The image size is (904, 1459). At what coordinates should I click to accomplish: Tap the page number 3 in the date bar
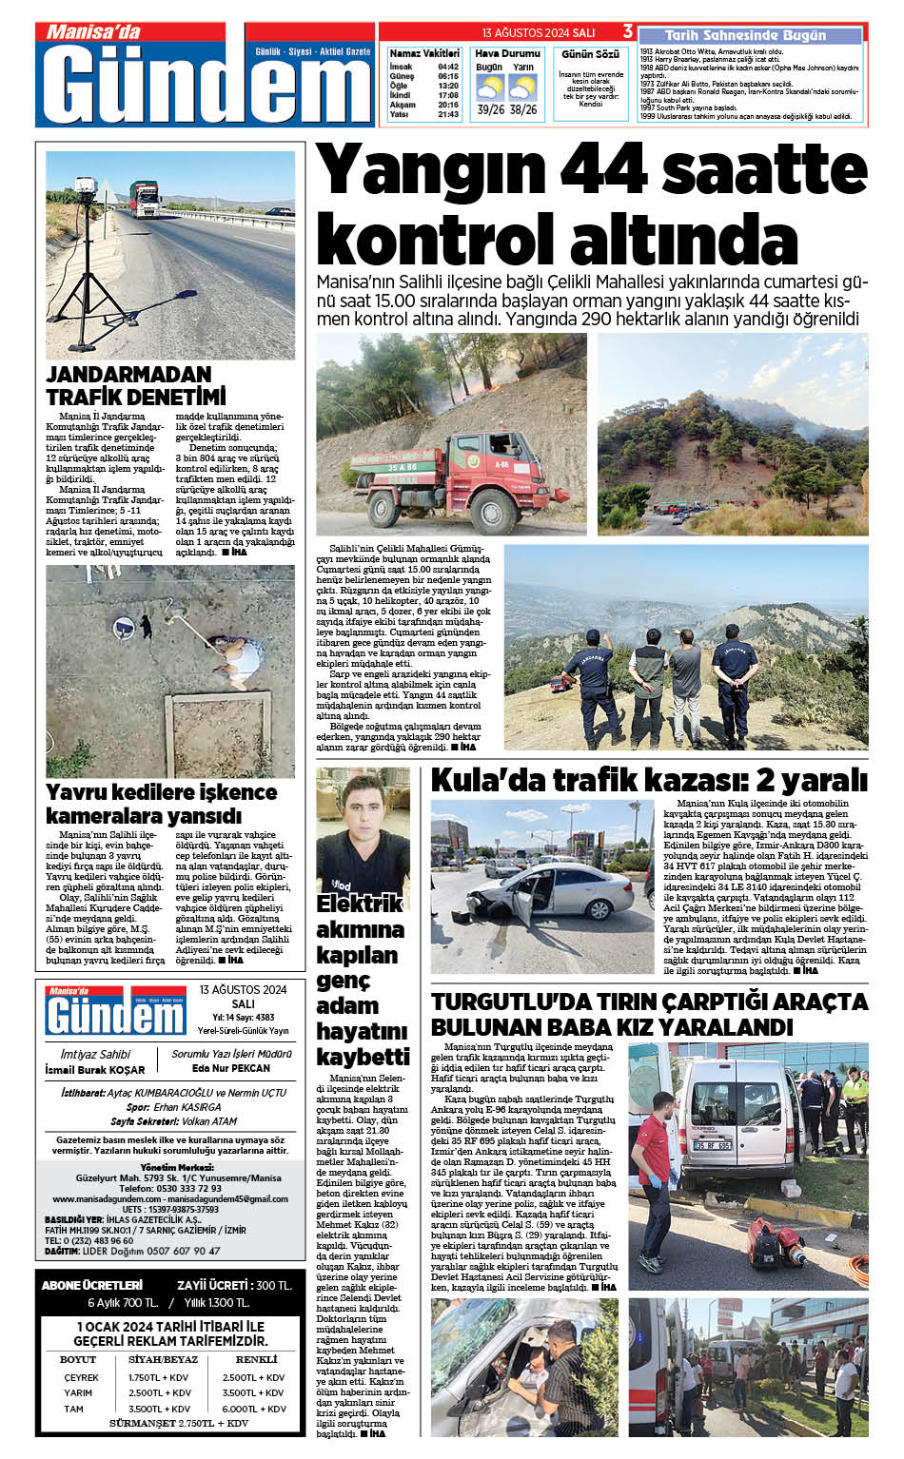(x=628, y=31)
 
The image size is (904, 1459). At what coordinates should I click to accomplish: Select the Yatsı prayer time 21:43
(x=448, y=114)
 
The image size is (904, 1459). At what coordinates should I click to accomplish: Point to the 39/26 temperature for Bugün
(x=491, y=109)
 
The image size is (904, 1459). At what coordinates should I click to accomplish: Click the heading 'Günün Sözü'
(x=590, y=54)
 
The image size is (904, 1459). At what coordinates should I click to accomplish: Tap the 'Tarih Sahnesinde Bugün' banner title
(x=745, y=35)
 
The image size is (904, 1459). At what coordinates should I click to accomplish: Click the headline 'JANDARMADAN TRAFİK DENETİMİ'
(x=135, y=385)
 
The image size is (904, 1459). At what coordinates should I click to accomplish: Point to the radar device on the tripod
(x=93, y=199)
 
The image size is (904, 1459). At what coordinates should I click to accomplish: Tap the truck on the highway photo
(x=145, y=199)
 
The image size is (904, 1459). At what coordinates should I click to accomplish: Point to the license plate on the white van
(x=712, y=1145)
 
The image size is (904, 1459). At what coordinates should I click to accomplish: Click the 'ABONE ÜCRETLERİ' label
(x=91, y=1285)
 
